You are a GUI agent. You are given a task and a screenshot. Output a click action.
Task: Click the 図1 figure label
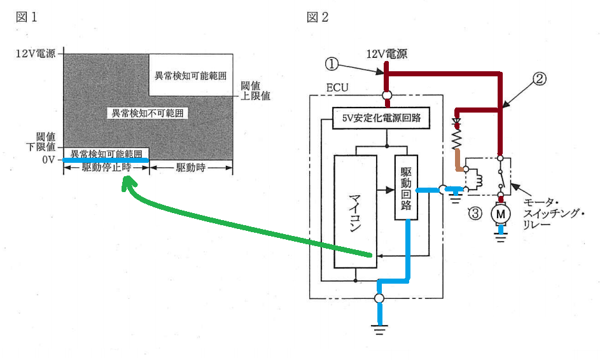click(x=27, y=17)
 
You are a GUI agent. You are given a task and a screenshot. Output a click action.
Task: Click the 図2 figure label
click(x=317, y=17)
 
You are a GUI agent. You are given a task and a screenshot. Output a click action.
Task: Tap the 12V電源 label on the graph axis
click(x=36, y=53)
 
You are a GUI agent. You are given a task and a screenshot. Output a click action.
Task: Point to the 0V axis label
click(x=48, y=160)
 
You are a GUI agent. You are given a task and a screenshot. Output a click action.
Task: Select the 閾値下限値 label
click(x=41, y=142)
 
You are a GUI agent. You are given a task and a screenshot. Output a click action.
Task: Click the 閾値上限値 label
click(x=255, y=91)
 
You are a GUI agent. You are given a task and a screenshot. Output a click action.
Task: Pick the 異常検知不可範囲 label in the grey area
click(x=148, y=113)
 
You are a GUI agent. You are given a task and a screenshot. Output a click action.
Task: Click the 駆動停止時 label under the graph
click(x=106, y=168)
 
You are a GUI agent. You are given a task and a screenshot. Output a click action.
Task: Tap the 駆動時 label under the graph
click(x=191, y=168)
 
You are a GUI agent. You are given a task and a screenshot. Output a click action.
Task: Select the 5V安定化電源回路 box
click(x=381, y=118)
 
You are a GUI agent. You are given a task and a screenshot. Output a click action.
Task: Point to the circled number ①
click(x=332, y=64)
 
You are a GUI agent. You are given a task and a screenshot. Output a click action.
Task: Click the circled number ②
click(x=540, y=79)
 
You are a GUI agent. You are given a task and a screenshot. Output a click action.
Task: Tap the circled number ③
click(x=475, y=213)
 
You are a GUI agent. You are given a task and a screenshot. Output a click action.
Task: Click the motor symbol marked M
click(x=500, y=214)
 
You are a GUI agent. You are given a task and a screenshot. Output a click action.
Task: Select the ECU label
click(x=337, y=88)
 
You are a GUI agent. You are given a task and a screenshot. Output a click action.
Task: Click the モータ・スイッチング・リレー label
click(x=553, y=213)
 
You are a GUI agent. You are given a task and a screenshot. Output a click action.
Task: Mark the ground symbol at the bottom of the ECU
click(x=379, y=329)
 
